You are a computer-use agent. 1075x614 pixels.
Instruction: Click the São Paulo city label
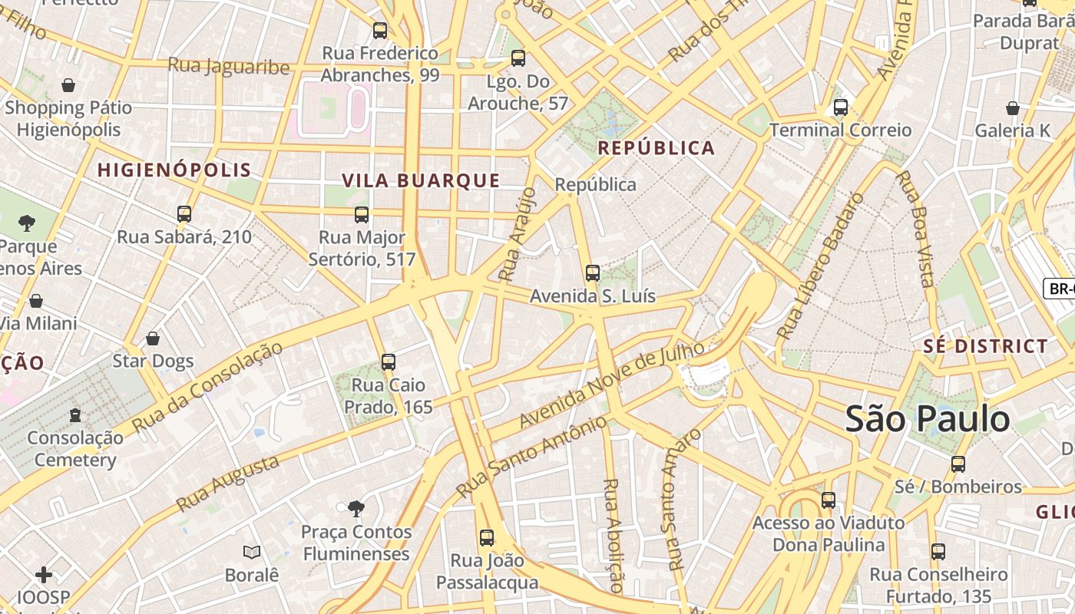[x=928, y=419]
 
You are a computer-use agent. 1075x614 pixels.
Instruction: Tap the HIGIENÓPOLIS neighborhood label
[x=174, y=170]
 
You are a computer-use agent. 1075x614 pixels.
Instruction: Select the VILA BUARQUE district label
[x=421, y=181]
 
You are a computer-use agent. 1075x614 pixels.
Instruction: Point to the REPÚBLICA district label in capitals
[x=656, y=148]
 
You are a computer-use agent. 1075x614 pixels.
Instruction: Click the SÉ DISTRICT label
[x=985, y=346]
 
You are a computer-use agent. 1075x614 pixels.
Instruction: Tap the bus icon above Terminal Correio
[x=841, y=107]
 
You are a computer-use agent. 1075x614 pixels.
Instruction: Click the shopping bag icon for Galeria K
[x=1012, y=108]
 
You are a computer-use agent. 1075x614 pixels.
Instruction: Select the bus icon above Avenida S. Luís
[x=592, y=273]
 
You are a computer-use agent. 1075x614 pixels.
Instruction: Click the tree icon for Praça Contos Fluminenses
[x=356, y=508]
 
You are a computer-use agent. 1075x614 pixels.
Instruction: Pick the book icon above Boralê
[x=252, y=552]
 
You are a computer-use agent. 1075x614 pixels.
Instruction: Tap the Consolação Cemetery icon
[x=75, y=415]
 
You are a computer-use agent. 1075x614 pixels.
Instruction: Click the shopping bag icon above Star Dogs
[x=153, y=338]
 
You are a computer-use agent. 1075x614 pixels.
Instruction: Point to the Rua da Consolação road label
[x=207, y=387]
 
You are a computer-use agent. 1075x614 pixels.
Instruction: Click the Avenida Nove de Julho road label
[x=612, y=385]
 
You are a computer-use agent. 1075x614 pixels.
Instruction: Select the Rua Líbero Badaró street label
[x=821, y=266]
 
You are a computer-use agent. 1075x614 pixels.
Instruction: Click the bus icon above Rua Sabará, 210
[x=184, y=214]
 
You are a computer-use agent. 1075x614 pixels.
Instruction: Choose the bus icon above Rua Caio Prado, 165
[x=389, y=361]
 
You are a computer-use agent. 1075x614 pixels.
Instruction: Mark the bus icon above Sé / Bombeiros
[x=958, y=464]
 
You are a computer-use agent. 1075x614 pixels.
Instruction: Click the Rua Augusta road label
[x=228, y=484]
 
